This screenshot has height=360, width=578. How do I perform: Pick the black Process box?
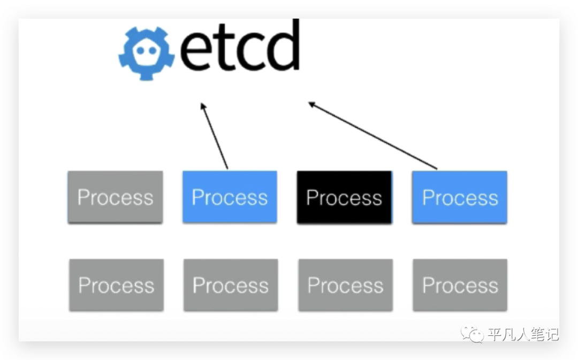click(x=344, y=197)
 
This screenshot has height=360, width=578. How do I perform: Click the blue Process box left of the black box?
click(x=230, y=197)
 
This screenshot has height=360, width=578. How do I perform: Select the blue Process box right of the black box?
click(x=459, y=197)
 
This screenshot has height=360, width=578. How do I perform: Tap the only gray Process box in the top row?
click(x=115, y=197)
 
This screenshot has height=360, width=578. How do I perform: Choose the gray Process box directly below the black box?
click(x=345, y=285)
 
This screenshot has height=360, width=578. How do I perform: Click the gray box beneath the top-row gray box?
click(x=116, y=285)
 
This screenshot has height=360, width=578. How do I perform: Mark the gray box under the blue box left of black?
click(x=231, y=285)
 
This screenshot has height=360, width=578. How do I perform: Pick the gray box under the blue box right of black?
click(x=460, y=285)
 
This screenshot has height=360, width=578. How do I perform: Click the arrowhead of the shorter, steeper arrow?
click(x=203, y=105)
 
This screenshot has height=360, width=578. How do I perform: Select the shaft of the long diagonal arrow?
click(x=375, y=137)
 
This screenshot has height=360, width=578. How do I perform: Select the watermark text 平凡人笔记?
click(x=522, y=335)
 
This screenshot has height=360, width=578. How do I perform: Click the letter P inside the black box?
click(x=312, y=197)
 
